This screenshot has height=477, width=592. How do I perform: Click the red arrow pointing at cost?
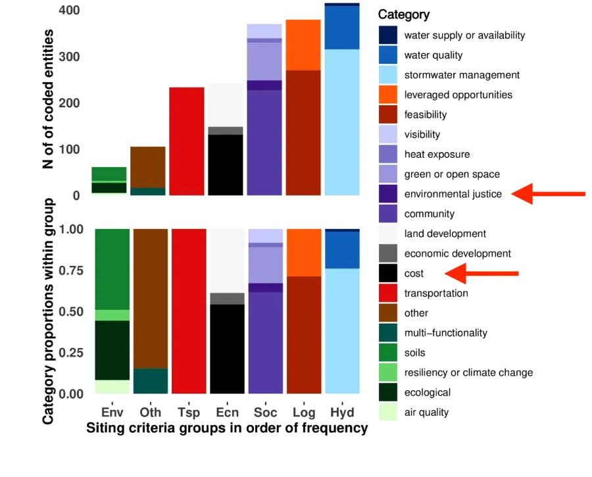(x=481, y=273)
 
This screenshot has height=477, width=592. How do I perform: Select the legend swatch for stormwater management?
(x=388, y=75)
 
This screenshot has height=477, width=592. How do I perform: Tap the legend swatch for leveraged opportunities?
(x=388, y=95)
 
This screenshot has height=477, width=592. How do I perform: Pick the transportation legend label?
(x=436, y=293)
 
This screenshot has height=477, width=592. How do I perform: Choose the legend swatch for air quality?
(x=388, y=413)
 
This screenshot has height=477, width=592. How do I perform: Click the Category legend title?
(x=404, y=14)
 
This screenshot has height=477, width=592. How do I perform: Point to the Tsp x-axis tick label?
(x=188, y=413)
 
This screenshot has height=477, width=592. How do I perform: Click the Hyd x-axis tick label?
(x=341, y=413)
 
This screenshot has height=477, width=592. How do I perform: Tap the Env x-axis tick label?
(x=112, y=413)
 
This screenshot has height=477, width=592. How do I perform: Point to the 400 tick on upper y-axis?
(x=69, y=11)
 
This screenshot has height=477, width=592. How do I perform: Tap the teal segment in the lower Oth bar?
(x=150, y=381)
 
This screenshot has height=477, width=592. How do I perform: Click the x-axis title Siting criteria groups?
(x=227, y=428)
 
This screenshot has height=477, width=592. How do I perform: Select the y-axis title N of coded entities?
(x=48, y=99)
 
